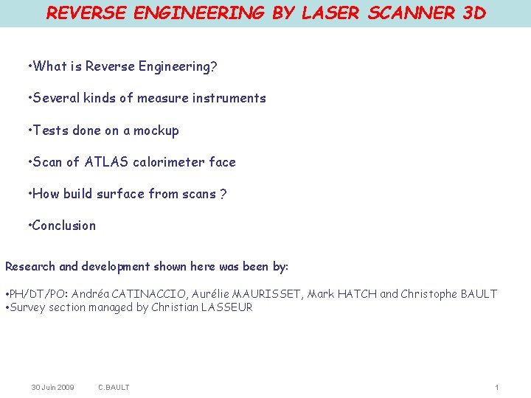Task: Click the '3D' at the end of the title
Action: [473, 13]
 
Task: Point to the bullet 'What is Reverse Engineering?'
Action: [122, 66]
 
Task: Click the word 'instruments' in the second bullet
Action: [229, 98]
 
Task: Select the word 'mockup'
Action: [156, 130]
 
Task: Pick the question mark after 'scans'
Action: [223, 195]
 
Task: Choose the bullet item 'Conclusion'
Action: [64, 226]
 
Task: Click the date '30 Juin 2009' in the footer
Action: [52, 387]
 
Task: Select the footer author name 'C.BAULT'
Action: [114, 387]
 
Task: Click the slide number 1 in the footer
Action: [497, 387]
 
